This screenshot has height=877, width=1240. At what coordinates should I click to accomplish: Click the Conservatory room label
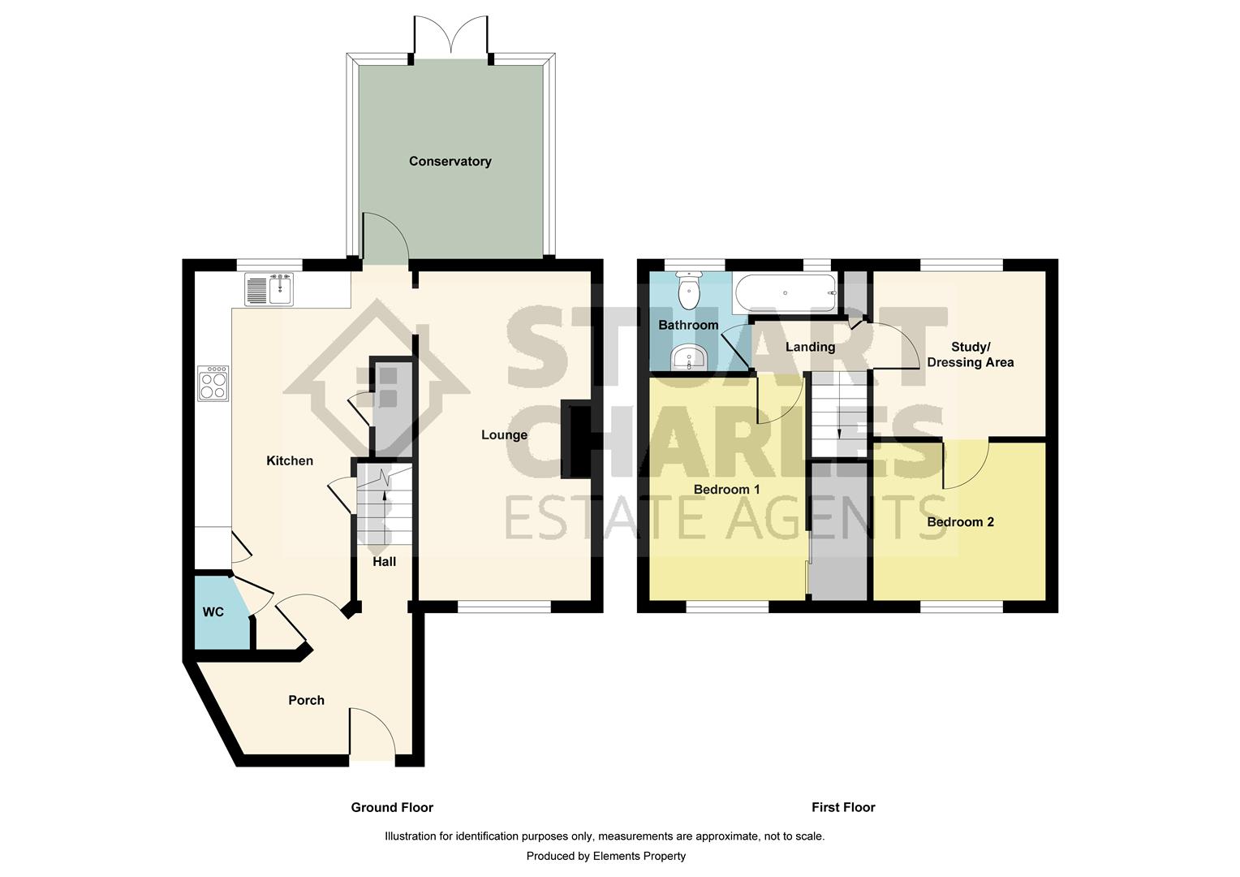point(450,162)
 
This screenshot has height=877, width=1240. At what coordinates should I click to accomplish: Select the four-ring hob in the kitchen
point(213,383)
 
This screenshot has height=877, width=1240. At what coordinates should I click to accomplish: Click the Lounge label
point(504,435)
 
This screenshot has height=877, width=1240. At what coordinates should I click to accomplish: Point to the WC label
point(213,612)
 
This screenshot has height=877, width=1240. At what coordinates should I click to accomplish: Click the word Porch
point(306,700)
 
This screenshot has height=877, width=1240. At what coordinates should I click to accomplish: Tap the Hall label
point(384,561)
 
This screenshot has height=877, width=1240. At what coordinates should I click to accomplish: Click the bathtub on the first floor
point(784,292)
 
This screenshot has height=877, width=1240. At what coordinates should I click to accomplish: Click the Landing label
point(810,347)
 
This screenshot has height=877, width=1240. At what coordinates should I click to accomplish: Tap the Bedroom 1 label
point(726,490)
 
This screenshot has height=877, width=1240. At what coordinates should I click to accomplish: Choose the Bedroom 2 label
point(960,522)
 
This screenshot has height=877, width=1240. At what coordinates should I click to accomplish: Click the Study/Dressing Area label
point(971,355)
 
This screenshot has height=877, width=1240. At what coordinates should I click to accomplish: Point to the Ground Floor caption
point(392,807)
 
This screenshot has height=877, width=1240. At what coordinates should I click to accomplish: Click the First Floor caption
point(843,807)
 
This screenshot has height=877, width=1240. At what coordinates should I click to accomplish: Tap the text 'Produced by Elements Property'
point(605,856)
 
